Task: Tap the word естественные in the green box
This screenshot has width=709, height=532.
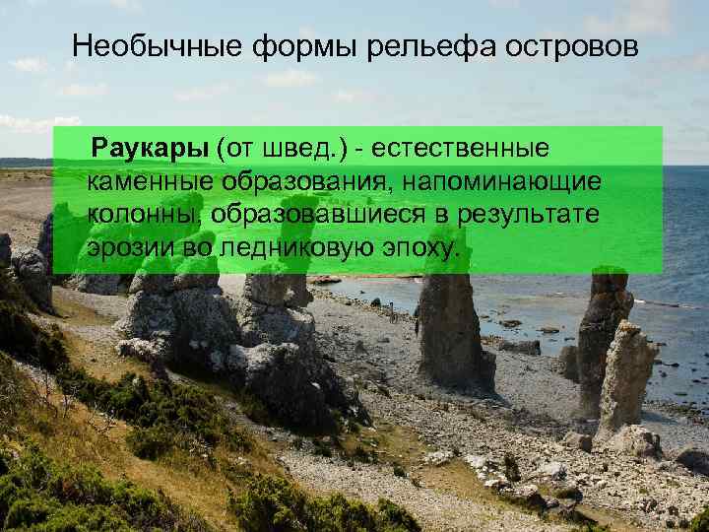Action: pos(462,148)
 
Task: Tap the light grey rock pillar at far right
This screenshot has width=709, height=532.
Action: pos(627,379)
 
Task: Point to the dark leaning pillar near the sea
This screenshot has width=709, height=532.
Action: pos(599,335)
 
